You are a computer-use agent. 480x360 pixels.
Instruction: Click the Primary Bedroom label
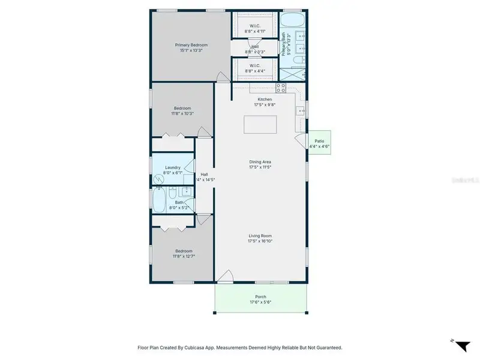click(x=191, y=45)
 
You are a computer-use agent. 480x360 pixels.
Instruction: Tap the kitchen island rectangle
click(x=260, y=124)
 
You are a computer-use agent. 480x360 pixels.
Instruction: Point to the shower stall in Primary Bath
click(x=293, y=74)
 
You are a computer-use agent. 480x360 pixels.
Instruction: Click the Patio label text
click(x=319, y=141)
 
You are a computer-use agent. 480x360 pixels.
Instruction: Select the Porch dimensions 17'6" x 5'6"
click(x=260, y=302)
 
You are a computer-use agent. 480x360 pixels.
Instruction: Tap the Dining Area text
click(x=260, y=161)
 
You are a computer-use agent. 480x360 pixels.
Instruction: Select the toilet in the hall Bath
click(x=172, y=193)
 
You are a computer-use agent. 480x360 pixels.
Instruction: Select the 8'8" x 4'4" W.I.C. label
click(x=255, y=71)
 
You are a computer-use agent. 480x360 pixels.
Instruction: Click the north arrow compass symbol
click(x=461, y=345)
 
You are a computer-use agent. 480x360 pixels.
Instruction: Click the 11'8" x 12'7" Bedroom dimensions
click(x=184, y=256)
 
